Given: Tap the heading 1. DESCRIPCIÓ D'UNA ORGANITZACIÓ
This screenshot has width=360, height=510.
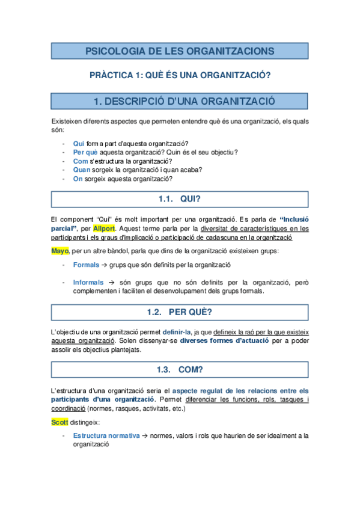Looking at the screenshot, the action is pos(180,100).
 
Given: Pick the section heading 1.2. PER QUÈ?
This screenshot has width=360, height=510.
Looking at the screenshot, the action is pos(179,312).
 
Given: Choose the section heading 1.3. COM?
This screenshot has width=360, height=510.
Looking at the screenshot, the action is pos(179,369).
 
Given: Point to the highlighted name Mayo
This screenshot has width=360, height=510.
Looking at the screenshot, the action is pos(60,250).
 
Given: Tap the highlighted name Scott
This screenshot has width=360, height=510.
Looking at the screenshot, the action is pos(60,422).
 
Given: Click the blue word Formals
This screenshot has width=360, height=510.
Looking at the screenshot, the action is pos(86,265).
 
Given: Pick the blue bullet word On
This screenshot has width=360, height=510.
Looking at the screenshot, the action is pos(78,179).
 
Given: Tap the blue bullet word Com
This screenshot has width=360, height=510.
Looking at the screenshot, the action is pos(80,161).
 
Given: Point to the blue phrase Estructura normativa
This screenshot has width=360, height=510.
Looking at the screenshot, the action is pos(106,435).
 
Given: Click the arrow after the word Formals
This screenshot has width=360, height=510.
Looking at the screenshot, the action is pos(105,265).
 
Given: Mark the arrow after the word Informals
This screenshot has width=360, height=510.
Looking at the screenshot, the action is pos(111,282).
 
